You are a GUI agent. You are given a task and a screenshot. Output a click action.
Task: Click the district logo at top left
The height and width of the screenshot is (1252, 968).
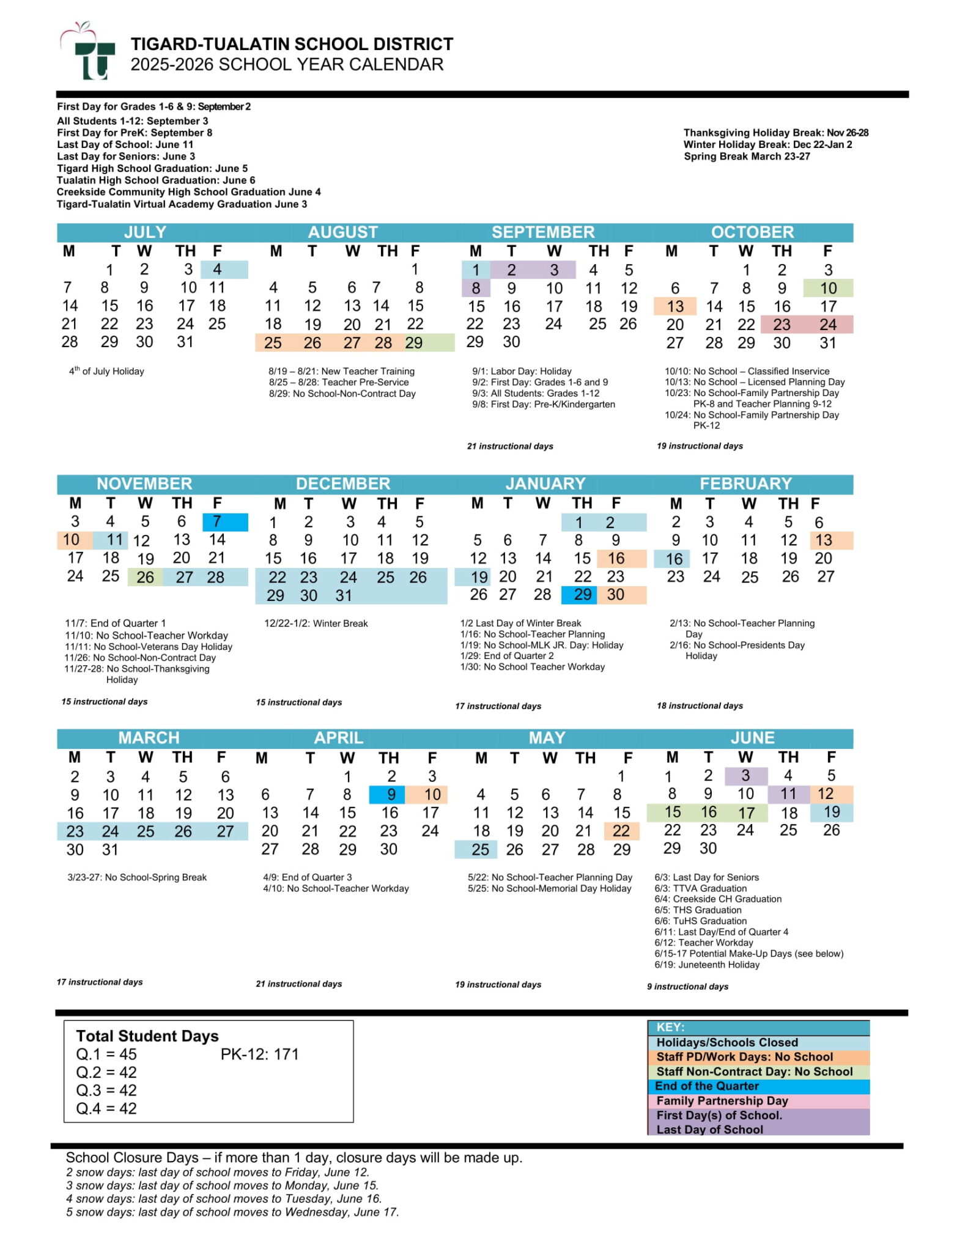click(x=88, y=54)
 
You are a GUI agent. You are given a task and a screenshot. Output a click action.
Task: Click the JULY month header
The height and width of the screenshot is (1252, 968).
click(x=145, y=232)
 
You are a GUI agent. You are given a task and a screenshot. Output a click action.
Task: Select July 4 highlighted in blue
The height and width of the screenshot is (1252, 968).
click(x=217, y=270)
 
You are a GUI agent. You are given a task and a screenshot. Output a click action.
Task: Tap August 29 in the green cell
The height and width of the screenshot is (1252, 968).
click(x=414, y=343)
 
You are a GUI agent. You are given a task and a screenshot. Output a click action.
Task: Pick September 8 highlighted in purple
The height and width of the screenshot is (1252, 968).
click(x=476, y=288)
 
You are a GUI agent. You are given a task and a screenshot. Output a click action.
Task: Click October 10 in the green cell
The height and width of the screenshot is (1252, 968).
click(x=828, y=288)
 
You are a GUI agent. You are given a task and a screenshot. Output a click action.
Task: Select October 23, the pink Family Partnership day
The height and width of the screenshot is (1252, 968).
click(x=781, y=325)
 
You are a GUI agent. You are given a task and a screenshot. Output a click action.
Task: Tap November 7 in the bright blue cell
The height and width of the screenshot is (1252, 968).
click(x=217, y=521)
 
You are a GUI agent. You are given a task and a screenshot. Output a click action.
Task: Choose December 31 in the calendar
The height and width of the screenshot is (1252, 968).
click(x=344, y=595)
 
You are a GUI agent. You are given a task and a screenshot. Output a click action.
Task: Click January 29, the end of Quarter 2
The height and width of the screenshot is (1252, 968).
click(x=582, y=595)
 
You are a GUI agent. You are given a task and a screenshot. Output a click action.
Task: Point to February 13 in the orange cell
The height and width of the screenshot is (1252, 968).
click(x=824, y=540)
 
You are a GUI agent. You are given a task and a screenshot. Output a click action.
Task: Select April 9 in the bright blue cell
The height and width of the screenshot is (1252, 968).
click(x=391, y=794)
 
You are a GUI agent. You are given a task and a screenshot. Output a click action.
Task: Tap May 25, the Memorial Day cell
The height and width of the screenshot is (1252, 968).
click(x=480, y=849)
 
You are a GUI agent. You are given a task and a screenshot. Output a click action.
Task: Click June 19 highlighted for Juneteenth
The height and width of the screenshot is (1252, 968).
click(x=831, y=812)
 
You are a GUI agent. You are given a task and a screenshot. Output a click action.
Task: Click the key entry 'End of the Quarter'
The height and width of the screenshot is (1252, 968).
click(x=706, y=1086)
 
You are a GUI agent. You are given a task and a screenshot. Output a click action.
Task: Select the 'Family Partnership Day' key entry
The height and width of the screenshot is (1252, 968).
click(x=722, y=1101)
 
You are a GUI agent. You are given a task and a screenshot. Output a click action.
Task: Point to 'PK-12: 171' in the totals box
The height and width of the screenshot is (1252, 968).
click(x=259, y=1055)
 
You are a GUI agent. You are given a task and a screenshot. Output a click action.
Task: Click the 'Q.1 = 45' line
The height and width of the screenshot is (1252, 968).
click(x=106, y=1055)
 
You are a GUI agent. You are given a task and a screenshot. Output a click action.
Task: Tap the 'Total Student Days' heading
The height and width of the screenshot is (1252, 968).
click(x=147, y=1036)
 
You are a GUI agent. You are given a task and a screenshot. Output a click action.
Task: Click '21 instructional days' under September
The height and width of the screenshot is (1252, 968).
click(x=510, y=446)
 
